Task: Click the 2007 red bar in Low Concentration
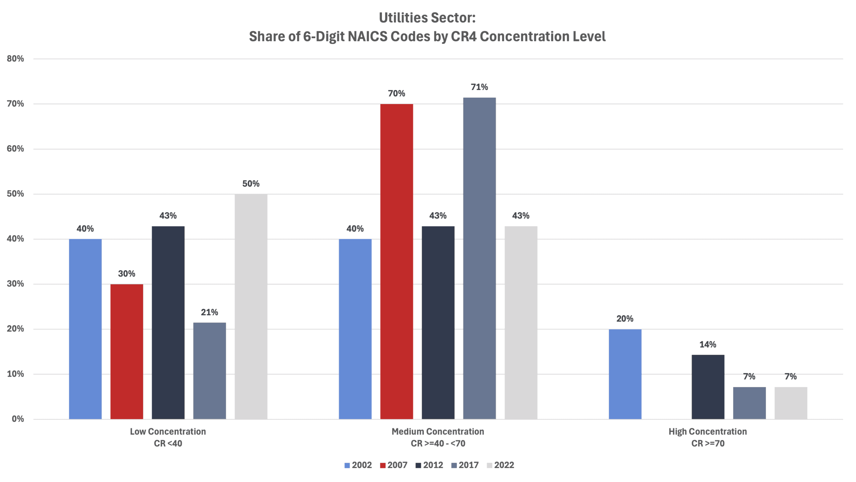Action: tap(127, 351)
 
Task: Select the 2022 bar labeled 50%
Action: tap(251, 306)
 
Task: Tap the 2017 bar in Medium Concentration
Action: tap(479, 258)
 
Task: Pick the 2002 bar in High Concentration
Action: tap(625, 374)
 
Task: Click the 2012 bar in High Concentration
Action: tap(708, 387)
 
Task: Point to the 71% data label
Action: tap(479, 87)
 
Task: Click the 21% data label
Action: tap(209, 312)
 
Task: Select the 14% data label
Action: tap(708, 344)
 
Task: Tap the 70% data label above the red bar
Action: tap(396, 93)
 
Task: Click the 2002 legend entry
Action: tap(358, 465)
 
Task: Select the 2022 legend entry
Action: tap(501, 465)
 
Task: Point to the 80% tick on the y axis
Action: tap(15, 59)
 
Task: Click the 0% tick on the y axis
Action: tap(18, 419)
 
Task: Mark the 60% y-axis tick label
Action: tap(15, 149)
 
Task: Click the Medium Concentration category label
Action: tap(438, 431)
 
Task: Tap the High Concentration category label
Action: tap(708, 431)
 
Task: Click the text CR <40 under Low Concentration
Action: tap(168, 444)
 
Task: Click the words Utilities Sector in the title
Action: tap(427, 18)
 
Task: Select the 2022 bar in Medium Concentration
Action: tap(521, 322)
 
